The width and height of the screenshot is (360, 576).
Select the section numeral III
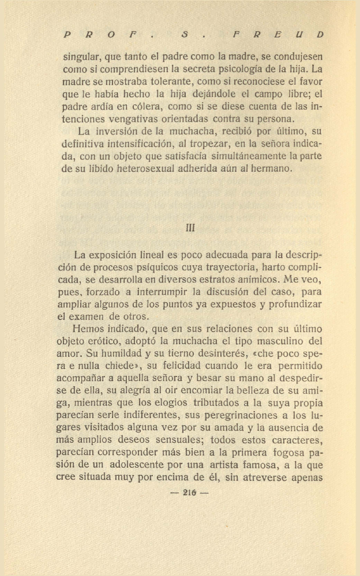pos(191,228)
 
